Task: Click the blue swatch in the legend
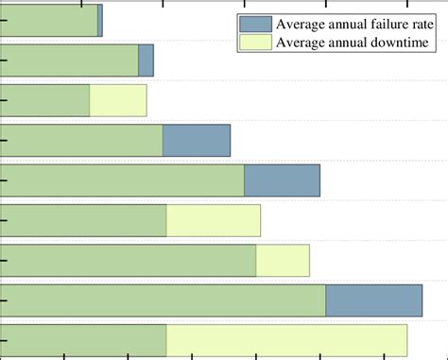[255, 25]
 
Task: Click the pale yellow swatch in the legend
[255, 43]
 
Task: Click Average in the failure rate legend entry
[302, 25]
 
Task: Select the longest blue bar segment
[373, 300]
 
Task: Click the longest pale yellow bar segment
[286, 340]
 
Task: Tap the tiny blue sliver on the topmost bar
[99, 20]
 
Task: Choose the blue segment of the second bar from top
[146, 60]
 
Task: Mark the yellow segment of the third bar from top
[118, 100]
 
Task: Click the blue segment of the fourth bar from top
[197, 141]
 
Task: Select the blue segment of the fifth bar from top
[282, 180]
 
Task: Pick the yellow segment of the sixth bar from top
[213, 220]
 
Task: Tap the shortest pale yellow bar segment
[283, 261]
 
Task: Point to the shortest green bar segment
[44, 100]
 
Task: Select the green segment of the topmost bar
[48, 20]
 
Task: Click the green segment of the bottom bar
[83, 340]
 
